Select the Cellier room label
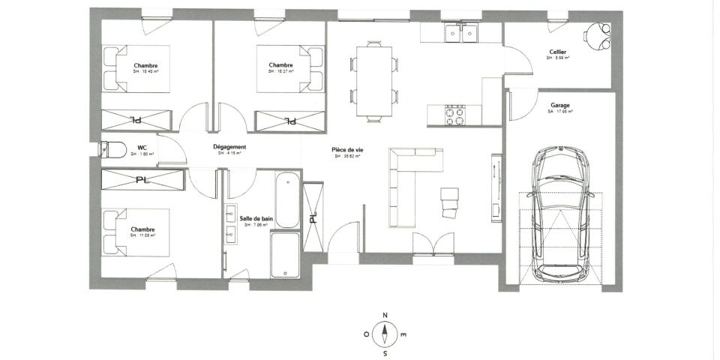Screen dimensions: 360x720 (x=558, y=52)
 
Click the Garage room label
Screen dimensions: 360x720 (x=559, y=106)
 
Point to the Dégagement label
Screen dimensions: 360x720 (x=229, y=147)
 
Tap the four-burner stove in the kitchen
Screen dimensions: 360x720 (x=455, y=115)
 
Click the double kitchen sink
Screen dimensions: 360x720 (x=460, y=34)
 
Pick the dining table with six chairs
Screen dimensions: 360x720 (x=373, y=81)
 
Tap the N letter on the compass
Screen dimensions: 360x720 (x=385, y=315)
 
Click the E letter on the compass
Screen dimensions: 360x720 (x=403, y=334)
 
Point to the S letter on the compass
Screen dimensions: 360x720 (x=385, y=352)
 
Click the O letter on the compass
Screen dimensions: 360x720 (x=367, y=334)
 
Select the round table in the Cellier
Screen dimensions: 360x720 (x=598, y=34)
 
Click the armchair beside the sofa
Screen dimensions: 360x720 (x=450, y=201)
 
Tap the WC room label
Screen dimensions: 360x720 (x=142, y=148)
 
